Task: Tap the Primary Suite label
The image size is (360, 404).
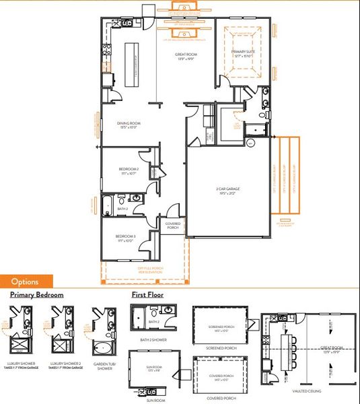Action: [x=243, y=54]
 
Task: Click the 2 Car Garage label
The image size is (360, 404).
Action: [x=229, y=191]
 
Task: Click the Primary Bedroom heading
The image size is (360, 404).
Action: [x=36, y=295]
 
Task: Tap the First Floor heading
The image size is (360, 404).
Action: [x=147, y=295]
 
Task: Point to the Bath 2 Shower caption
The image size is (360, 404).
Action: [x=154, y=340]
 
